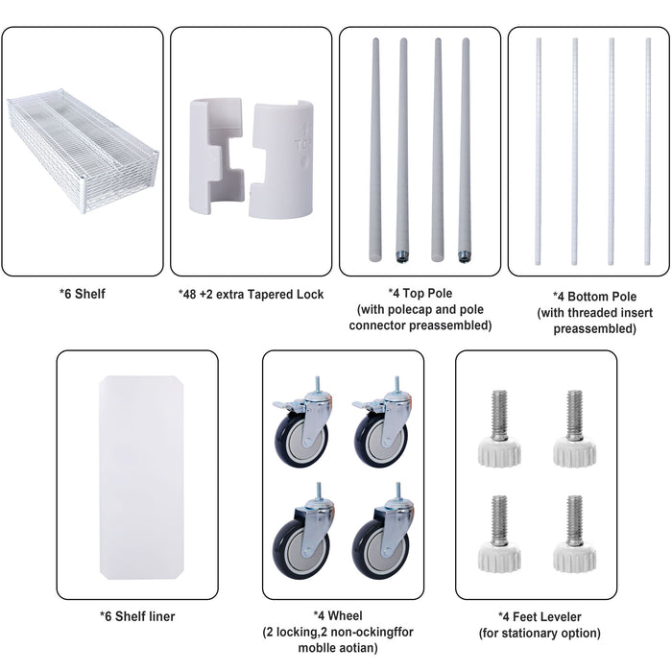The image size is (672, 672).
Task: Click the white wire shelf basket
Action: [x=81, y=144]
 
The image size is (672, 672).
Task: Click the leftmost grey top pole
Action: [x=373, y=149]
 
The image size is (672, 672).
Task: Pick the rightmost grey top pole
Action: [x=466, y=149]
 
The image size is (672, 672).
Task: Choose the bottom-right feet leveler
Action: [x=574, y=538]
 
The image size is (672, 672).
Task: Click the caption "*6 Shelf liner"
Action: [x=137, y=616]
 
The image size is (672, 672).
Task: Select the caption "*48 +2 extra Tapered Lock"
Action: [x=251, y=294]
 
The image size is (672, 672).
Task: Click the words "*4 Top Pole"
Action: [x=419, y=293]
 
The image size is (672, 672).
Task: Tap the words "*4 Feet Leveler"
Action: [x=539, y=616]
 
